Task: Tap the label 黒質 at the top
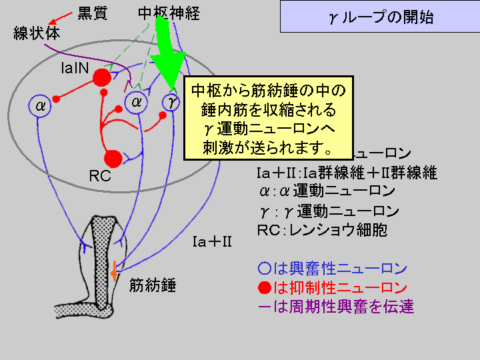92,14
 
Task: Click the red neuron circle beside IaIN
101,78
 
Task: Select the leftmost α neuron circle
40,105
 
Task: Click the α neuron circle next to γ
136,103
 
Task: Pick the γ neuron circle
171,103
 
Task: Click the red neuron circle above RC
113,158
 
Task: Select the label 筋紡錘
153,286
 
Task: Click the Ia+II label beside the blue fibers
211,241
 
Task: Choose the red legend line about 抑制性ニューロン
332,288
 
